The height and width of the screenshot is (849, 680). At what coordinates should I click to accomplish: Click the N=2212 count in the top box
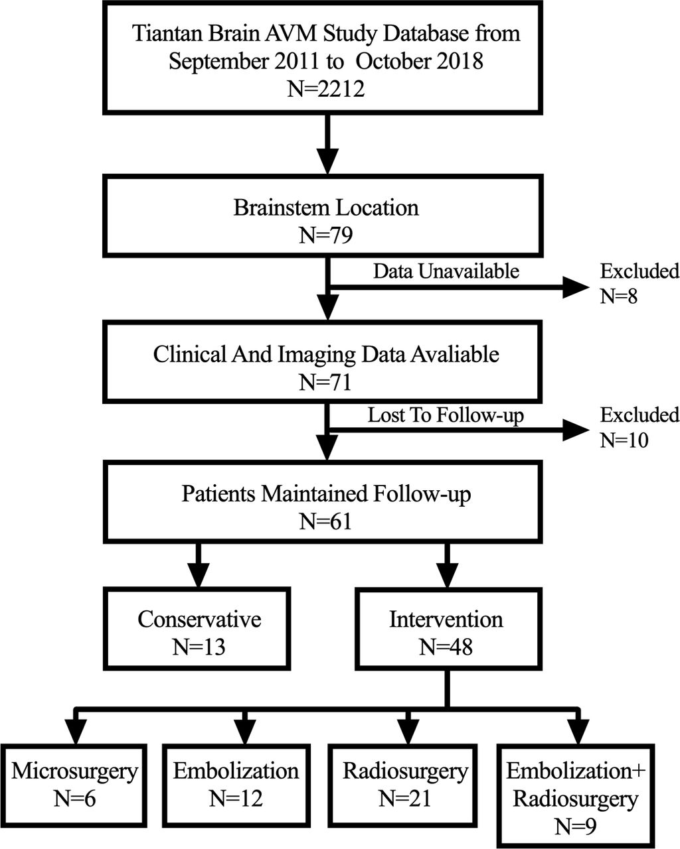[325, 89]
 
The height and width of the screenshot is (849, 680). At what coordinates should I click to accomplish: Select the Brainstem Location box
[323, 216]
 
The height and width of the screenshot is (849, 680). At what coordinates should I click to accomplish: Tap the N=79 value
[325, 235]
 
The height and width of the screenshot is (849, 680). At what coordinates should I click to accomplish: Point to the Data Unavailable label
[446, 271]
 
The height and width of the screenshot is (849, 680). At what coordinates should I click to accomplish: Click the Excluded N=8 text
[639, 284]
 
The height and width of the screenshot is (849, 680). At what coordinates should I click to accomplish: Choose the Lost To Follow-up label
[446, 415]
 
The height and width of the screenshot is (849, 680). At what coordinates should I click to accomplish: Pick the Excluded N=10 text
[639, 427]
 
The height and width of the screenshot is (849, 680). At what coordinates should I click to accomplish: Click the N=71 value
[325, 382]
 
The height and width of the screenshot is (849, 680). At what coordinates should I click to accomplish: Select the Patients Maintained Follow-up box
[323, 501]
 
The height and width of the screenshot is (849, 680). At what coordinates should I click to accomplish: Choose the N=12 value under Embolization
[236, 799]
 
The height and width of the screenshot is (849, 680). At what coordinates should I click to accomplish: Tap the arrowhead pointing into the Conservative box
[199, 574]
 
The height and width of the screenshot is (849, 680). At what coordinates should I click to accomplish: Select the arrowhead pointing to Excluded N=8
[576, 287]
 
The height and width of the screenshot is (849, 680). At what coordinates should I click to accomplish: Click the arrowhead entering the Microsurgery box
[76, 732]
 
